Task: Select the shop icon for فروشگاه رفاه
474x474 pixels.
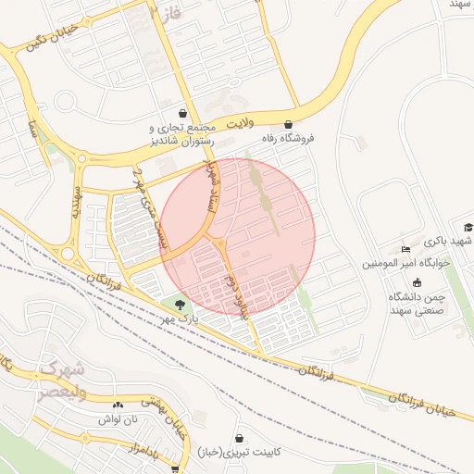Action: tap(288, 123)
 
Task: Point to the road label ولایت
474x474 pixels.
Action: tap(238, 121)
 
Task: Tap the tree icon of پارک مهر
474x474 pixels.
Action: tap(180, 304)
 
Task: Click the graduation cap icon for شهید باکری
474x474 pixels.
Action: tap(468, 227)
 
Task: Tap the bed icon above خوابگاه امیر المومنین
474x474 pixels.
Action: tap(405, 249)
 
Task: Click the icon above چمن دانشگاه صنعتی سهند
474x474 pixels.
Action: tap(416, 282)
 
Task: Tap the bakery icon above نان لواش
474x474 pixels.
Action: tap(117, 405)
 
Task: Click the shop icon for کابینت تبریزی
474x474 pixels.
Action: tap(239, 437)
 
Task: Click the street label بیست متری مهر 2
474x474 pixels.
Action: tap(150, 210)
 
